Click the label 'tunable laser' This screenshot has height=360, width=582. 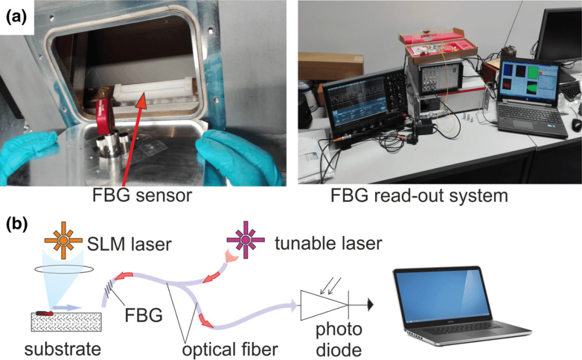[x=328, y=243]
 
